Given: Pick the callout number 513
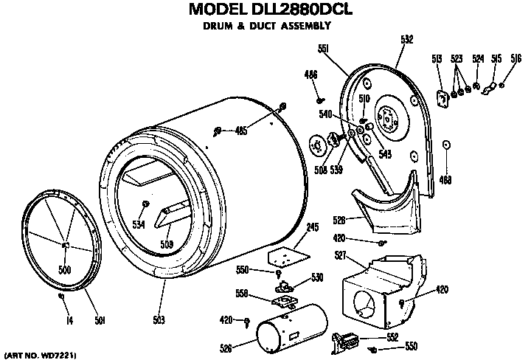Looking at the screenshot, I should pyautogui.click(x=437, y=59).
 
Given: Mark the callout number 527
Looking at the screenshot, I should pyautogui.click(x=341, y=255).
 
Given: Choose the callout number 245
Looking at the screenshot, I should pyautogui.click(x=312, y=228).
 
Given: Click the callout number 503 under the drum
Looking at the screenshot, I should pyautogui.click(x=159, y=320).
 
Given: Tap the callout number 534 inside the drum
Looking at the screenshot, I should pyautogui.click(x=139, y=224).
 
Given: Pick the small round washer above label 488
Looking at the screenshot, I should pyautogui.click(x=446, y=145).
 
